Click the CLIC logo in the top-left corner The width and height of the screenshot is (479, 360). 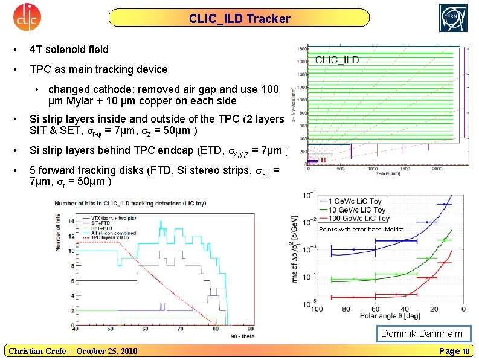pyautogui.click(x=26, y=19)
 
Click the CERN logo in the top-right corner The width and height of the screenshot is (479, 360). pyautogui.click(x=452, y=18)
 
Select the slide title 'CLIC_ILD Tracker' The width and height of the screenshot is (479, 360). pyautogui.click(x=239, y=19)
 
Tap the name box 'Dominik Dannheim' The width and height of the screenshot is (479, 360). pyautogui.click(x=422, y=334)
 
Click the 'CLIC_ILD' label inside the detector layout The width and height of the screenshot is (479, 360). pyautogui.click(x=337, y=60)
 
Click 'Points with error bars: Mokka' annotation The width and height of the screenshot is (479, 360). pyautogui.click(x=361, y=230)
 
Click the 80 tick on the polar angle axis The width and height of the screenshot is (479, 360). pyautogui.click(x=346, y=309)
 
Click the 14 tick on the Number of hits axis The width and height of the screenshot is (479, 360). pyautogui.click(x=69, y=221)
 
